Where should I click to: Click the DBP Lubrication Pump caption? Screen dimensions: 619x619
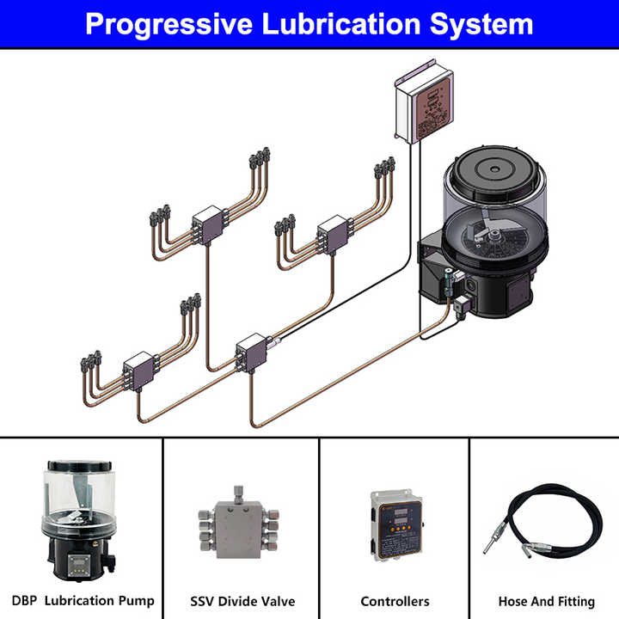(83, 600)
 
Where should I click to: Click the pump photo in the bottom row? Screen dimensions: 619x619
(79, 521)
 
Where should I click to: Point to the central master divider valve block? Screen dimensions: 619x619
(251, 352)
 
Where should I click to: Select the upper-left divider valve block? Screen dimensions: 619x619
(207, 225)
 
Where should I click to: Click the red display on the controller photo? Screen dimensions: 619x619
(399, 512)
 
